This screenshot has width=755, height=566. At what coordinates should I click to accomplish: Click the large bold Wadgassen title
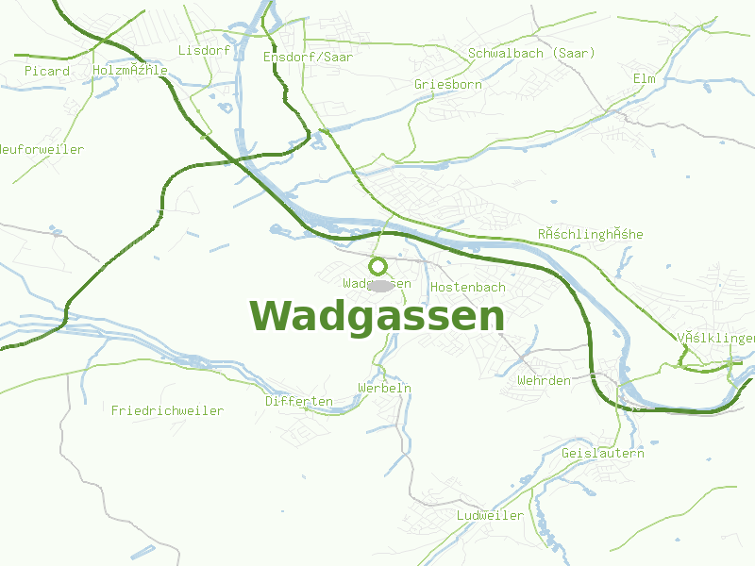tap(377, 316)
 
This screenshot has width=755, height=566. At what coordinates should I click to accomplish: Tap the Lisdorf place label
tap(204, 50)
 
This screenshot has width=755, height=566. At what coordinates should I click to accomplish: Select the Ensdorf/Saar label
tap(308, 58)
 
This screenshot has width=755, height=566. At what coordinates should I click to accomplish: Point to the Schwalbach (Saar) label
tap(531, 54)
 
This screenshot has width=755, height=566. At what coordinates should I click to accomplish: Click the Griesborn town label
tap(448, 85)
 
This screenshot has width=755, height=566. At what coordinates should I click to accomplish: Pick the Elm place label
tap(644, 78)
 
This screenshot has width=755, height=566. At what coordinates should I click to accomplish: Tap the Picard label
tap(47, 72)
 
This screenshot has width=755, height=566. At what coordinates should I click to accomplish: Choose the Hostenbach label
tap(468, 287)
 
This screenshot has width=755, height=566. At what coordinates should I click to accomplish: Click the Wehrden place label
tap(544, 381)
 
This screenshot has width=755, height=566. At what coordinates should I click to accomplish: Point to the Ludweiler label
tap(490, 516)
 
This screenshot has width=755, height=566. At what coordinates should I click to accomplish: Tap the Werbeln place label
tap(384, 389)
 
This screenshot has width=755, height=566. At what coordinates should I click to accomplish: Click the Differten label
tap(298, 402)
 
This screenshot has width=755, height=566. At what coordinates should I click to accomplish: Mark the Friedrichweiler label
tap(167, 411)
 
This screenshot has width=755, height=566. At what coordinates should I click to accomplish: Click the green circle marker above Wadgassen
tap(378, 266)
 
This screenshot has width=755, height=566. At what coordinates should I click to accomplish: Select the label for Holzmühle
tap(130, 71)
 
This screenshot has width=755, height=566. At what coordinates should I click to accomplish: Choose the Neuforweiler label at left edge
tap(42, 150)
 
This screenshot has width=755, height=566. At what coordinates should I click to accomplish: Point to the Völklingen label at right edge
tap(716, 339)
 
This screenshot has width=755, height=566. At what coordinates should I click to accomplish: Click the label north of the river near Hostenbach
tap(590, 234)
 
